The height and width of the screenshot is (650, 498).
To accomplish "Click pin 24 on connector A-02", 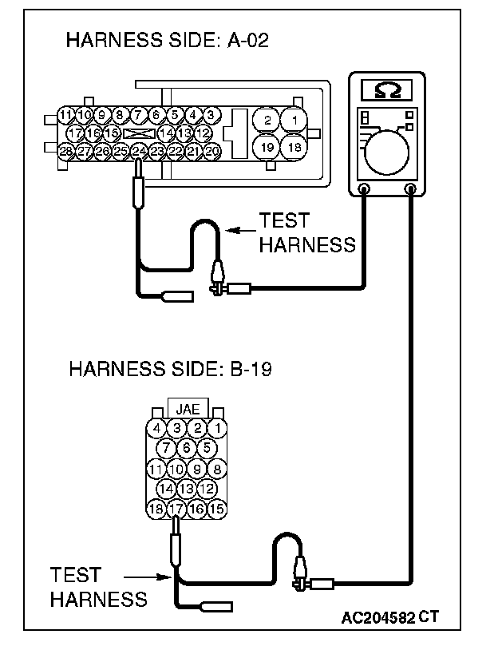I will pos(139,150).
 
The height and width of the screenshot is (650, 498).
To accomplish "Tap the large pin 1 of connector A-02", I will pos(294,121).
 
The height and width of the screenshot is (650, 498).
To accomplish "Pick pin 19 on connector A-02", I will pos(267,148).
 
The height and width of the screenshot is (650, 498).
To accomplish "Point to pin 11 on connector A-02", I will pos(67,114).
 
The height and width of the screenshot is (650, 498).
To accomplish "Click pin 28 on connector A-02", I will pos(67,150).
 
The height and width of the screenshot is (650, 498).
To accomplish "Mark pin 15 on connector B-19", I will pos(216,508).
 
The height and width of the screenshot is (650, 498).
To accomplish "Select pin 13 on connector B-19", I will pos(186,488).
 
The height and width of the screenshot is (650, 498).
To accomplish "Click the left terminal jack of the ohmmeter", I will pos(364,189).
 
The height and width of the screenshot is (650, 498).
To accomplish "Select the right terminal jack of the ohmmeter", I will pos(412,189).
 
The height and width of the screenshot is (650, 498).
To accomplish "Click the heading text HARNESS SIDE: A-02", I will pos(167,42).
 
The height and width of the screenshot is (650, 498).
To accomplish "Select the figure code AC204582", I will pos(378,617).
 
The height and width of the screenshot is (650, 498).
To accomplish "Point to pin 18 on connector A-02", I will pos(294,148).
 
